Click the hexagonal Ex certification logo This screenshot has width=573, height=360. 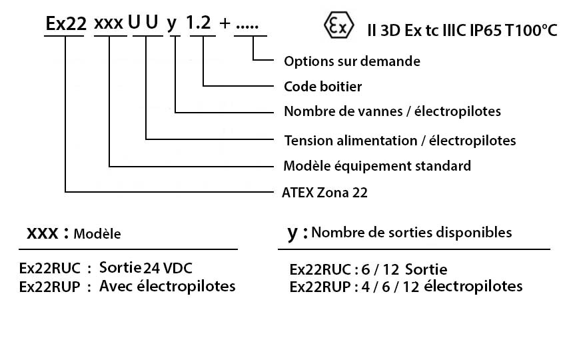[338, 25]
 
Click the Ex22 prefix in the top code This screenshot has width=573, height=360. [66, 24]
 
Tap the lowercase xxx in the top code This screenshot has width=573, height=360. [109, 24]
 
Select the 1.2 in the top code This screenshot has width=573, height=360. [199, 23]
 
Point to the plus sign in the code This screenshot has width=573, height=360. [225, 24]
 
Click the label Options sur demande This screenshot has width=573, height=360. [352, 61]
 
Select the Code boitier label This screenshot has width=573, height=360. [322, 87]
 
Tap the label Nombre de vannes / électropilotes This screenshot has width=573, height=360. [392, 111]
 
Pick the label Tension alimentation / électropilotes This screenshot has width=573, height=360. [400, 141]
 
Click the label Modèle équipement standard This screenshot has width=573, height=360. [376, 166]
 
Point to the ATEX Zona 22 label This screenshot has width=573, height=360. [324, 193]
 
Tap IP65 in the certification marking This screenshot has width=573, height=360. [486, 31]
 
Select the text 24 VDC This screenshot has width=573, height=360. [167, 268]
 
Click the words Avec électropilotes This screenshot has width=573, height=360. [167, 286]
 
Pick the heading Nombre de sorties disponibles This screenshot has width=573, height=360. [412, 233]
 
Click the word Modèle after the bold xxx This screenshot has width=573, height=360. [97, 234]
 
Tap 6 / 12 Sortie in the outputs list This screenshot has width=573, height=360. [404, 270]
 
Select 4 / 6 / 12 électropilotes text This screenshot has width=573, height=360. [442, 287]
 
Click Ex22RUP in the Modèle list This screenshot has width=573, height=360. [49, 287]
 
